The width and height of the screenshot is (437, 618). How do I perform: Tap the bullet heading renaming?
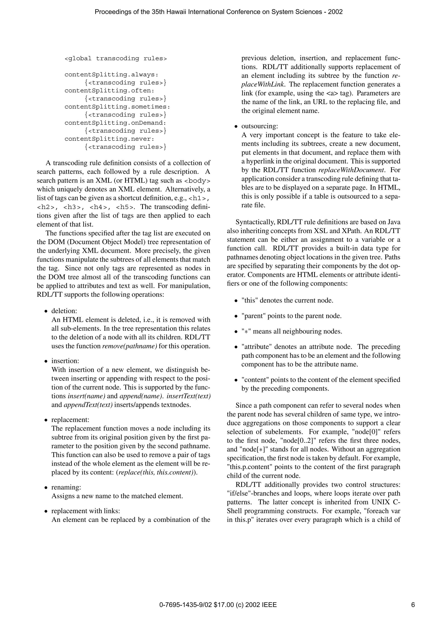coord(66,487)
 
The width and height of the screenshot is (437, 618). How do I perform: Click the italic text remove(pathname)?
coord(130,346)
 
